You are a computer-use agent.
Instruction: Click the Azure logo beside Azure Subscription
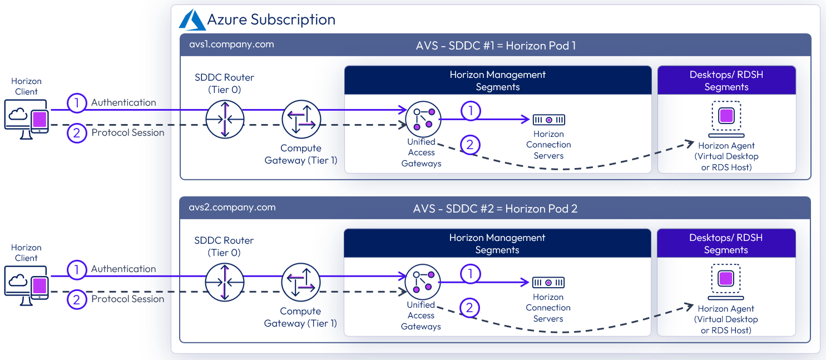(x=192, y=19)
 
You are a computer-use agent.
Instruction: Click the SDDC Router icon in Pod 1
(x=225, y=119)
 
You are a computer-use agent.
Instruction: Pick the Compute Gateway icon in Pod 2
(x=301, y=282)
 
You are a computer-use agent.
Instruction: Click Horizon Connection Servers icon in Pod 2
(x=548, y=282)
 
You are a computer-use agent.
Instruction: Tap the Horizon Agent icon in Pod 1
(x=726, y=119)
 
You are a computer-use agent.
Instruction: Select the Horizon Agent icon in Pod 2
(x=726, y=282)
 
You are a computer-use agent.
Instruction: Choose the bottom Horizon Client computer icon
(x=27, y=285)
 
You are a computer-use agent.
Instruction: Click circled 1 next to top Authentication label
(x=77, y=102)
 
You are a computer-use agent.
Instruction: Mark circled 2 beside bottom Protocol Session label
(x=77, y=299)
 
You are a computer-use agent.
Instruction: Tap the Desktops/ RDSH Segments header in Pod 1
(x=726, y=81)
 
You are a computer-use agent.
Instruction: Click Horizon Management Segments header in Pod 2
(x=497, y=244)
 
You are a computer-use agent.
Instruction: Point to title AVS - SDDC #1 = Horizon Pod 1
(x=496, y=46)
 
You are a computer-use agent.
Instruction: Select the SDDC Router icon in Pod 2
(x=224, y=282)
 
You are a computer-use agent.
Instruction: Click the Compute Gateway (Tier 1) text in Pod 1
(x=301, y=154)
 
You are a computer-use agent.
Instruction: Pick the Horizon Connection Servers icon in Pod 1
(x=549, y=120)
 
